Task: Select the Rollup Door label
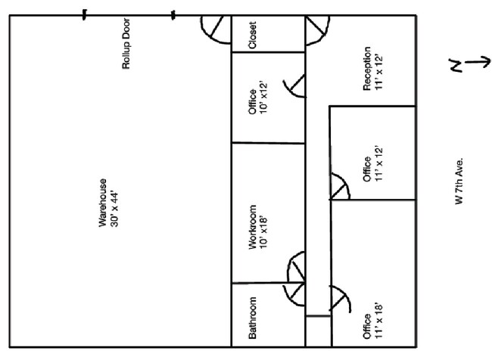[x=127, y=51]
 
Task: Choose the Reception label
[x=367, y=69]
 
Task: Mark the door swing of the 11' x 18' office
[x=341, y=303]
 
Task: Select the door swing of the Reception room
[x=316, y=30]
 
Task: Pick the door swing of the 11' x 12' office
[x=340, y=188]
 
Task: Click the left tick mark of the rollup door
[x=85, y=14]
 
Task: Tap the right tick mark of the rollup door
[x=173, y=14]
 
